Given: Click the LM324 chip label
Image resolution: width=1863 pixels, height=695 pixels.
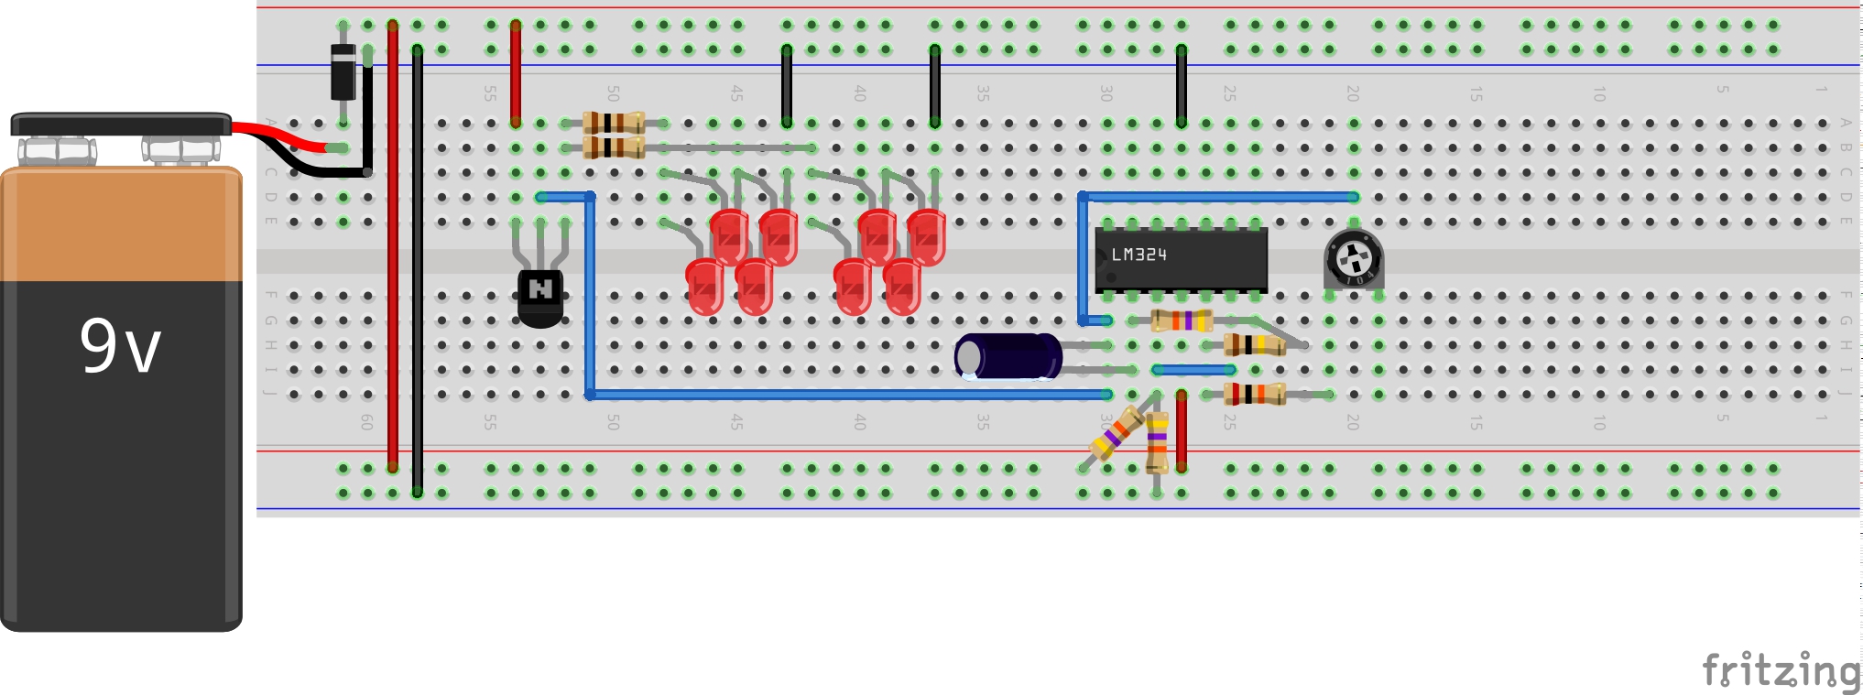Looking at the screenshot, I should [1138, 255].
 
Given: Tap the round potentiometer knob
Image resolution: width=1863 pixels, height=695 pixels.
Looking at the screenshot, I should [1353, 259].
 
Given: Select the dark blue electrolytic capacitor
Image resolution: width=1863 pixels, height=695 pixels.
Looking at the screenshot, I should [1008, 356].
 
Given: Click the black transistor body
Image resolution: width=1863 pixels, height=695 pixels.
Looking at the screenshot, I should [540, 295].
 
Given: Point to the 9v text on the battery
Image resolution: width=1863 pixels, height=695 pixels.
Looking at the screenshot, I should [120, 346].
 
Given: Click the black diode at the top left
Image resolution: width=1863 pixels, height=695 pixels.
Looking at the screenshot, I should [343, 71].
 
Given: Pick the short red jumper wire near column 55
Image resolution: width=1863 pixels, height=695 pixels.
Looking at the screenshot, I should [516, 73].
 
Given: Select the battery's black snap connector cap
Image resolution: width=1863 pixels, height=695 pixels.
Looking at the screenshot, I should [121, 124].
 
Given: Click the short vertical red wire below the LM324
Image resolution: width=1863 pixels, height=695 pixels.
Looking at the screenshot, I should [1182, 430].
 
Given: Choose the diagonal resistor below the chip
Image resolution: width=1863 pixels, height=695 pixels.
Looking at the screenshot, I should [1117, 433].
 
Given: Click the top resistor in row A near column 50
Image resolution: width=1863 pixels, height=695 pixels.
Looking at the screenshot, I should [614, 123].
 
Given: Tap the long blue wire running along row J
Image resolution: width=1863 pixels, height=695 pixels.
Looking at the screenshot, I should [847, 395].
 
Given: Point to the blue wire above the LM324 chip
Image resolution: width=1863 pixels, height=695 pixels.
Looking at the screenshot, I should [1218, 197].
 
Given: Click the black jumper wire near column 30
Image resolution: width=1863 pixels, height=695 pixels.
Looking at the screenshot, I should [1182, 85].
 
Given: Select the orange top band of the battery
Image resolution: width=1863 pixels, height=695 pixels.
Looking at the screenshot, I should [121, 224].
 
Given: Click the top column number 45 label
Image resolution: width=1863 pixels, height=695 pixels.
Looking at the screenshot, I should [736, 92].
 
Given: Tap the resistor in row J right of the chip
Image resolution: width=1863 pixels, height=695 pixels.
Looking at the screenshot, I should [1256, 395].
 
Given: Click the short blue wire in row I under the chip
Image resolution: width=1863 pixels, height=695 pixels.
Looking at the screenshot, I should [1194, 370].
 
